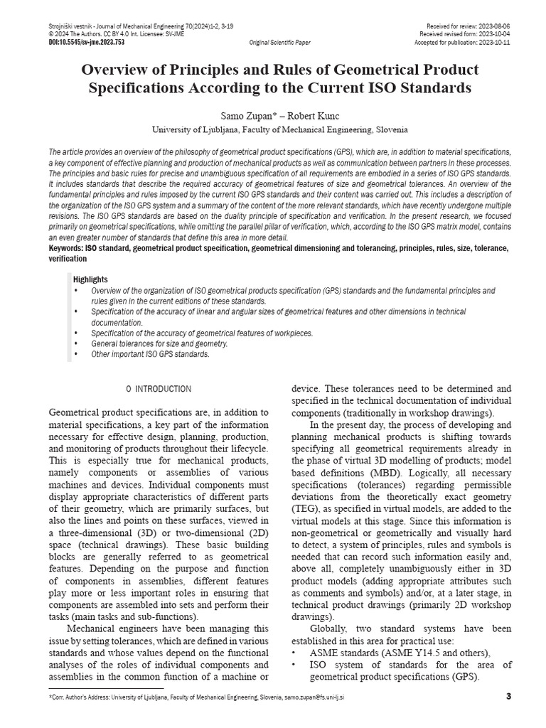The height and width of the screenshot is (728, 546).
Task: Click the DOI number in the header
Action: coord(87,42)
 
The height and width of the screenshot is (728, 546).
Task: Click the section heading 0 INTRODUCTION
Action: coord(158,389)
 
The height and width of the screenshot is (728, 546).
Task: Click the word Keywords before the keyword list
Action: coord(65,248)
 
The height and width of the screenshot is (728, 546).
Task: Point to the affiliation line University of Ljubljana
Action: coord(280,130)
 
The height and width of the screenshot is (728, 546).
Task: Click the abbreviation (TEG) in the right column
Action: coord(306,510)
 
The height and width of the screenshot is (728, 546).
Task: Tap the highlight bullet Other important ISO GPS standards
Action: coord(150,354)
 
